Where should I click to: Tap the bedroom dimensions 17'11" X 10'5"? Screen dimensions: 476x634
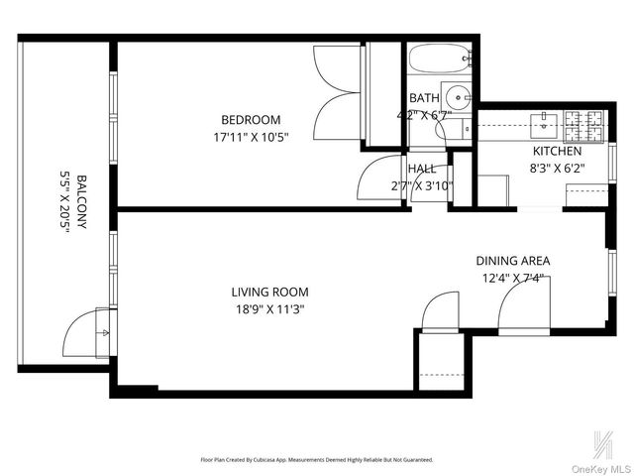point(251,137)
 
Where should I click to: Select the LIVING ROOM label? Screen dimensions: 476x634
point(269,292)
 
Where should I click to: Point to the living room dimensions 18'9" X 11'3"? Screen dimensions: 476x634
point(269,308)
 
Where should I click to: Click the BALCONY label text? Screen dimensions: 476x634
point(81,202)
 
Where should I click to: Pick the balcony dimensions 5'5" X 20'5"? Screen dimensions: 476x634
point(65,202)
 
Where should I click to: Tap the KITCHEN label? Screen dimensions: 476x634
point(559,151)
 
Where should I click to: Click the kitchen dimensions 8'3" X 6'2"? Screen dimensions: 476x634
point(559,168)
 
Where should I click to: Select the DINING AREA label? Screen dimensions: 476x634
point(513,261)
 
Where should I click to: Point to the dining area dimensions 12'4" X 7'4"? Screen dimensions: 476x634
point(513,278)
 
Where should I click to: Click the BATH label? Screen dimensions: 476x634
point(424,98)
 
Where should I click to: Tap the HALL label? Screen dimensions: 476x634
point(422,169)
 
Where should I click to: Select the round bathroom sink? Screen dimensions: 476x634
point(457,98)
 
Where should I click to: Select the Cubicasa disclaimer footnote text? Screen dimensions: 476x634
point(316,460)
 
